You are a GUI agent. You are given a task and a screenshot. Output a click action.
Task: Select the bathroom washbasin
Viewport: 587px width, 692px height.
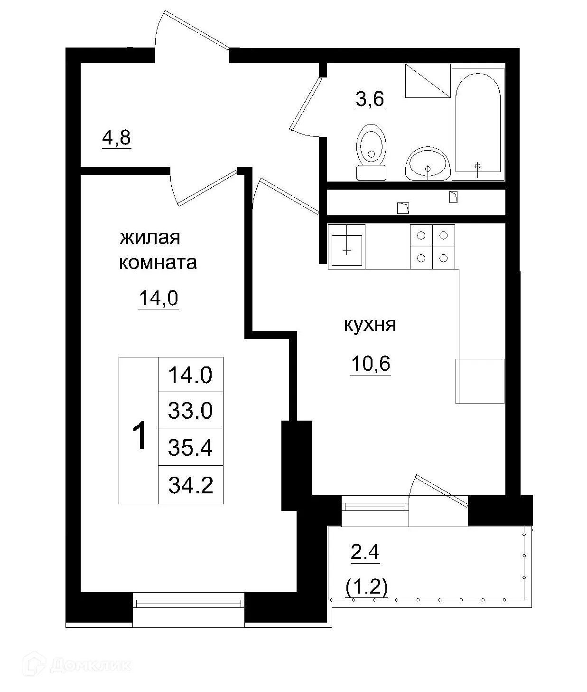(x=428, y=163)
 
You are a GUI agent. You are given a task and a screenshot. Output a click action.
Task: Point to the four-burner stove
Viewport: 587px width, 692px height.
(x=432, y=247)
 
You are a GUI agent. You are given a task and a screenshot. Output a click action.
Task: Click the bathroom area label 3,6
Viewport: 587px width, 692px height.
(x=370, y=100)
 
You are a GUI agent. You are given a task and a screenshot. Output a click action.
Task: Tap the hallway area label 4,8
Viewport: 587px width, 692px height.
(x=116, y=139)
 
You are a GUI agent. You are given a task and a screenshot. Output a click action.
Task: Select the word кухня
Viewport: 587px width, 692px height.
(x=370, y=325)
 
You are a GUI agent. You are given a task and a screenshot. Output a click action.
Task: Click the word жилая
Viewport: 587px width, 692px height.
(x=150, y=237)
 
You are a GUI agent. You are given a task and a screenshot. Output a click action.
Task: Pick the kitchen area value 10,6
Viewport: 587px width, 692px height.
(x=371, y=364)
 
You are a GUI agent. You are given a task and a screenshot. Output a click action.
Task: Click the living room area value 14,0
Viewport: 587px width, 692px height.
(x=158, y=298)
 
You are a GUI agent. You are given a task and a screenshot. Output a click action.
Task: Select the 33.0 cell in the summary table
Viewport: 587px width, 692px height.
(x=190, y=411)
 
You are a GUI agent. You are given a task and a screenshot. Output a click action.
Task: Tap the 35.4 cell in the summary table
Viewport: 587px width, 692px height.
(x=190, y=448)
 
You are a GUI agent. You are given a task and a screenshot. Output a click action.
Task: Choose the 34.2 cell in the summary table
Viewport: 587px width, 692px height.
(x=190, y=485)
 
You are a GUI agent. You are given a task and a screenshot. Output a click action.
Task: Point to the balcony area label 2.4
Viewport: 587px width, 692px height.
(x=365, y=553)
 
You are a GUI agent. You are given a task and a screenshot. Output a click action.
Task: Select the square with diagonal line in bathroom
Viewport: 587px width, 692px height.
(x=428, y=81)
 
